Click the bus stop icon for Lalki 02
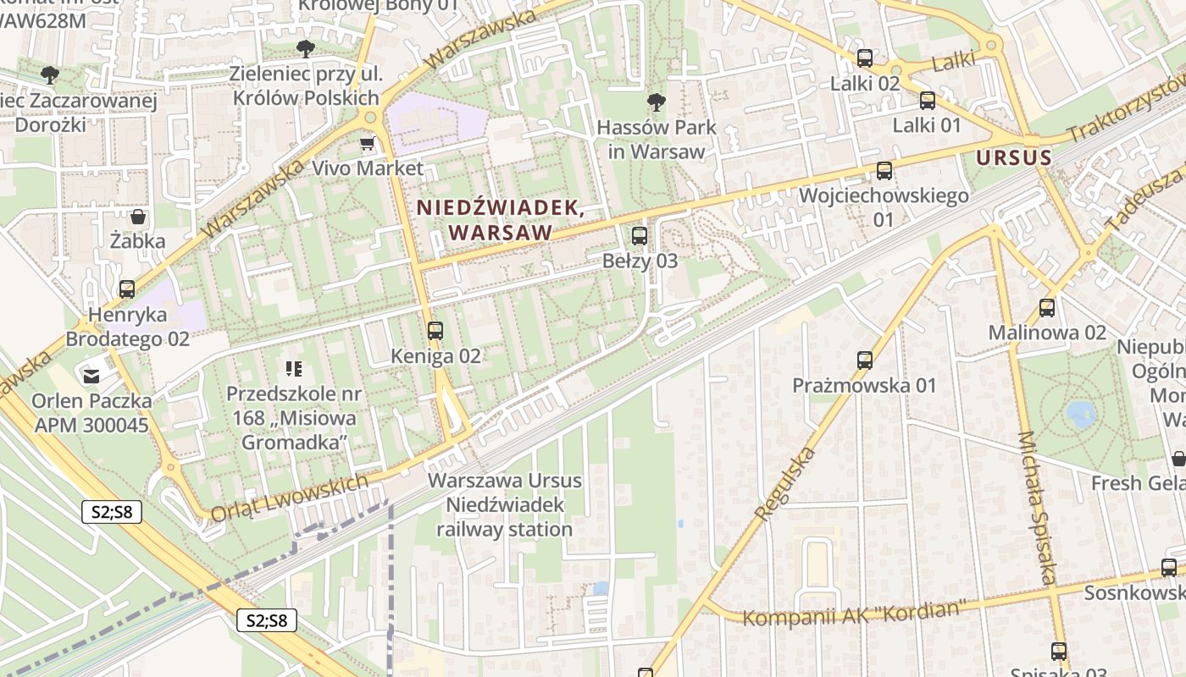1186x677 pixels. pos(865,58)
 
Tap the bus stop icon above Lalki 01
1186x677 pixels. pos(928,101)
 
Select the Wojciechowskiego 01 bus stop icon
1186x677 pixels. pos(884,171)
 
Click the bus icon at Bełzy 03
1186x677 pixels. pos(640,236)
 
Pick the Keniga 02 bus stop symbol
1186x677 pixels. pos(435,331)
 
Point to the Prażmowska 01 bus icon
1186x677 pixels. pos(865,361)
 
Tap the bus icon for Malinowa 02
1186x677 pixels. pos(1047,308)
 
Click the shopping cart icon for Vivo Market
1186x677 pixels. pos(367,144)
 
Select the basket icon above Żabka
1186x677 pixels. pos(138,217)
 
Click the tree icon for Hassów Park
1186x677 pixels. pos(656,103)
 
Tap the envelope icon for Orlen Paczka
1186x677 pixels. pos(91,375)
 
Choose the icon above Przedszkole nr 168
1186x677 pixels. pos(294,368)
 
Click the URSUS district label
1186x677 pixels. pos(1014,157)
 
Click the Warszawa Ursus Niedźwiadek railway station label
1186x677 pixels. pos(505,505)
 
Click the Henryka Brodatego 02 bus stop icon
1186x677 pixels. pos(127,289)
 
